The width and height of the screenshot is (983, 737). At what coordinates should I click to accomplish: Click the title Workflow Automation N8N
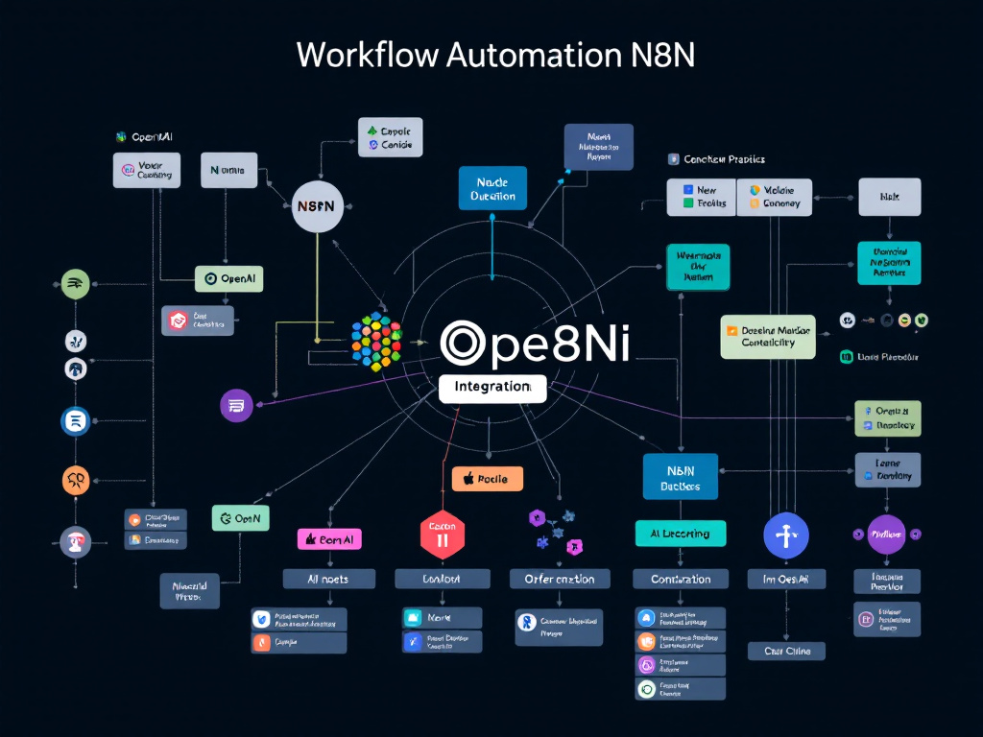point(495,55)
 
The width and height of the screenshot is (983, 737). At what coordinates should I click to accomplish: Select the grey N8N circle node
point(317,206)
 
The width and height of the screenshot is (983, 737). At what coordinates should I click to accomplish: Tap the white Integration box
point(492,388)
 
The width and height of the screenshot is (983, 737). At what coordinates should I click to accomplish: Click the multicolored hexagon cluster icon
point(376,341)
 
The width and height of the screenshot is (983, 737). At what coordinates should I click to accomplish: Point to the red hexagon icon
point(443,534)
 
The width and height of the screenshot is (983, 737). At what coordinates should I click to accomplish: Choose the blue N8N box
point(680,477)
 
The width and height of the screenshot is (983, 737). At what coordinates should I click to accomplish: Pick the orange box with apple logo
point(487,478)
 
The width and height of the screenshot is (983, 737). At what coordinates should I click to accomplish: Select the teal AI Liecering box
point(681,534)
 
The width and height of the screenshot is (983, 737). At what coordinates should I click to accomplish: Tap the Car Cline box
point(786,651)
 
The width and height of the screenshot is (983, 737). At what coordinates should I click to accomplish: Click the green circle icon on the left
point(76,283)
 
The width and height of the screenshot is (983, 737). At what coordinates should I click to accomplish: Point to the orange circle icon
point(76,480)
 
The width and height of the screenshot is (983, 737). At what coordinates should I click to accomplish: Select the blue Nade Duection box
point(493,189)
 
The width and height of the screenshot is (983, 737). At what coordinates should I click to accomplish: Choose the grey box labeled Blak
point(888,197)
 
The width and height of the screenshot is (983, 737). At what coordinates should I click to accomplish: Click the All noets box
point(328,579)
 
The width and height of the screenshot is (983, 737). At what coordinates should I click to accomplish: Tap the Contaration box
point(681,579)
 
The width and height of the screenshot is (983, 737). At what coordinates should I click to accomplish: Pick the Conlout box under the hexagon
point(442,579)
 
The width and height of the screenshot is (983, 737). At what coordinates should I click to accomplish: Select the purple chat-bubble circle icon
point(236,405)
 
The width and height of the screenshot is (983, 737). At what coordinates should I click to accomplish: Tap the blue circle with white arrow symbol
point(786,535)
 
